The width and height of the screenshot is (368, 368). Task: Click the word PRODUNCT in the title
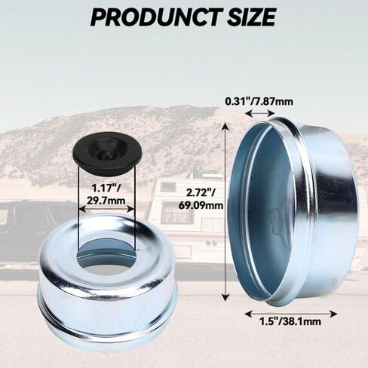click(x=154, y=17)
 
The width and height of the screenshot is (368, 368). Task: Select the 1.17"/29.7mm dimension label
click(x=106, y=194)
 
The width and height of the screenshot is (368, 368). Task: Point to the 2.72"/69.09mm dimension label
click(x=201, y=199)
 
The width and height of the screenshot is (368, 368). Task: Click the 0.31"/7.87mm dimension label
click(x=259, y=102)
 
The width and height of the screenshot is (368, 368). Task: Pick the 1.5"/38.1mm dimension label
click(x=290, y=321)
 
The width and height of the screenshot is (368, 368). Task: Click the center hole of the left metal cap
click(x=106, y=256)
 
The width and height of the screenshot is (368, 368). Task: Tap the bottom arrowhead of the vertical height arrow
click(x=226, y=296)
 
